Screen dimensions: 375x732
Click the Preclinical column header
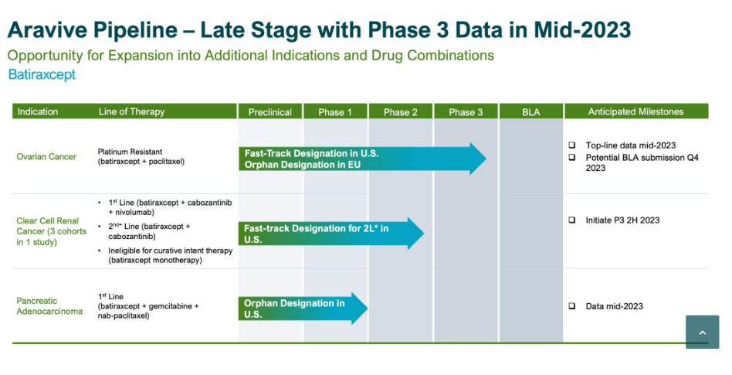(x=270, y=112)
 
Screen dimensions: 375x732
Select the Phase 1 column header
(x=335, y=112)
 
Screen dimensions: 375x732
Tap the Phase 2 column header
(x=401, y=112)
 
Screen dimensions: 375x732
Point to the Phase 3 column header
(x=466, y=112)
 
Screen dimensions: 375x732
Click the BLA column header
(x=531, y=112)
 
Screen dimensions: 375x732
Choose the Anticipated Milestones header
(x=635, y=111)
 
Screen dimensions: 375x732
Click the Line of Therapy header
(x=131, y=111)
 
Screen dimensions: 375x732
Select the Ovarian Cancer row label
(x=46, y=157)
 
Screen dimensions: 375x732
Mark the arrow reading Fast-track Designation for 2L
(x=330, y=234)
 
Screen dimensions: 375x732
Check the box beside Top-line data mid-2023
(x=572, y=145)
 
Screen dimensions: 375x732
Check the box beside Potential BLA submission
(x=572, y=157)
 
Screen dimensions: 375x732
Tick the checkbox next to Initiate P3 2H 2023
(x=572, y=220)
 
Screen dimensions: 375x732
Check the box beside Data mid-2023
(x=572, y=306)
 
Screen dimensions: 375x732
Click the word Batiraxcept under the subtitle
(x=42, y=75)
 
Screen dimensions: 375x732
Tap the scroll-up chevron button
(x=702, y=332)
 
